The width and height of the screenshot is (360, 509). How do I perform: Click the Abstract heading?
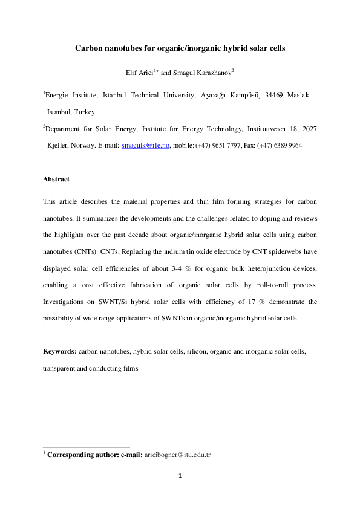pos(56,179)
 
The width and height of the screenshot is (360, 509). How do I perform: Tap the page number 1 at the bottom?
pos(180,475)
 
